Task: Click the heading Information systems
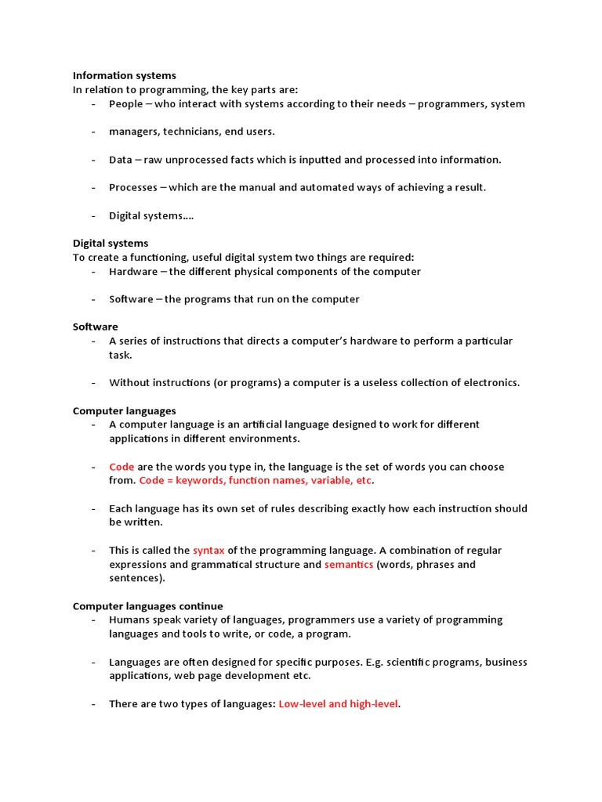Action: point(125,76)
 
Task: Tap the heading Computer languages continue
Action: point(147,606)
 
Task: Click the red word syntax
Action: point(209,551)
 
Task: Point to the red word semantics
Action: point(349,565)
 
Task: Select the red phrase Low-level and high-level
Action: point(339,704)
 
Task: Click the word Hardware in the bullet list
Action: point(132,272)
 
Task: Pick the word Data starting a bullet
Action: point(121,160)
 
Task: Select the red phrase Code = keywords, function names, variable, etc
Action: point(256,481)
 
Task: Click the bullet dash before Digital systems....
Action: point(93,216)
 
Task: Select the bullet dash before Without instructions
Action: point(93,383)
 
